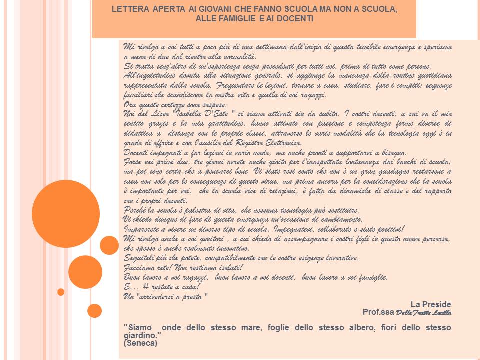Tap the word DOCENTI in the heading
point(298,19)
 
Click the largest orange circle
point(66,213)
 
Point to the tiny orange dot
point(61,292)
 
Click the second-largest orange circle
point(85,272)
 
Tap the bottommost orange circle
point(94,311)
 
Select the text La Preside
point(431,304)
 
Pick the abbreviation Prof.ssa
point(378,312)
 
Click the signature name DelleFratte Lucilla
point(424,313)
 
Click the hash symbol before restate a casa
point(146,287)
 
